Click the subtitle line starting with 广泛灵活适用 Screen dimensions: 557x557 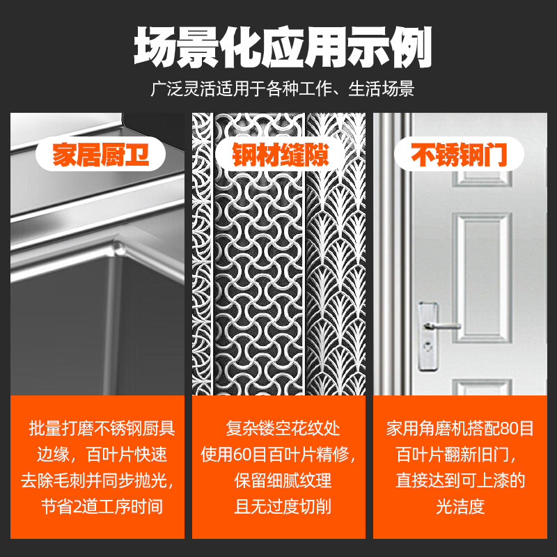[282, 89]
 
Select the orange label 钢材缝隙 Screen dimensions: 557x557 [281, 155]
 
